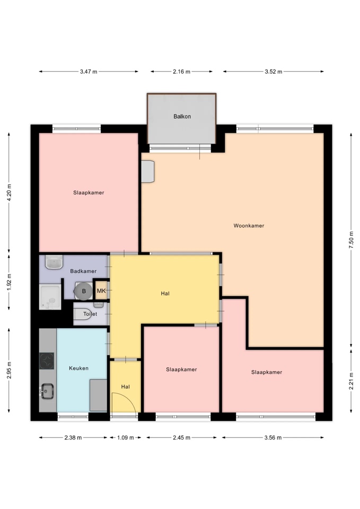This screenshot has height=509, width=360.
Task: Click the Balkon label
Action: [x=182, y=116]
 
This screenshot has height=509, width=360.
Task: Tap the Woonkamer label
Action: [x=249, y=226]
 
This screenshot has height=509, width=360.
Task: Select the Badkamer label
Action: [x=83, y=271]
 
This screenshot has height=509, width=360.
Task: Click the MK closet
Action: [x=101, y=291]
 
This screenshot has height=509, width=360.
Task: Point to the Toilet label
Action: [x=90, y=314]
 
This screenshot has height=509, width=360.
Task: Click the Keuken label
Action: [x=78, y=368]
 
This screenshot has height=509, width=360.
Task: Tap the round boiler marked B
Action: [x=83, y=291]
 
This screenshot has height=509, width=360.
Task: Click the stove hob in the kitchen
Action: [x=47, y=361]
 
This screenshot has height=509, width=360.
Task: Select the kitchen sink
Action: [x=47, y=391]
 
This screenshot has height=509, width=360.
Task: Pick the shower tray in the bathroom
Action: [x=50, y=297]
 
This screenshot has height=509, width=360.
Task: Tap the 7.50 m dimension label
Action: [x=351, y=240]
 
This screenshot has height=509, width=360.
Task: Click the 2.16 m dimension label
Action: [x=181, y=72]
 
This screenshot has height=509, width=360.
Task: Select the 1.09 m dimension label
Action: [x=125, y=437]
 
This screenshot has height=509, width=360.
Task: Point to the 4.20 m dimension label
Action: [x=9, y=192]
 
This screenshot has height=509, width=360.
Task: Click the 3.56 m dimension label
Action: [x=273, y=437]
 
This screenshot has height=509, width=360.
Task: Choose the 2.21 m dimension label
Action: [x=351, y=381]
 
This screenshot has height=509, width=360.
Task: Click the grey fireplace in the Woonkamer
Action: [x=148, y=171]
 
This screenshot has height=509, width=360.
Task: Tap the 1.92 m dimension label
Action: [x=9, y=282]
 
